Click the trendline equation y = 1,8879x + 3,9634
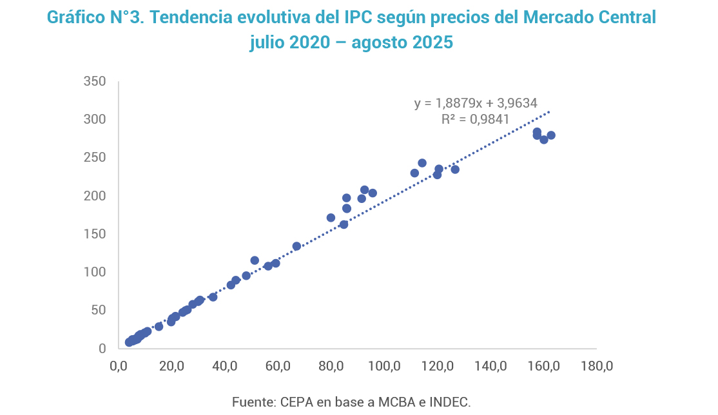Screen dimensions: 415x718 coord(476,102)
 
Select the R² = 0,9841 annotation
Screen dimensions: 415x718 coord(476,119)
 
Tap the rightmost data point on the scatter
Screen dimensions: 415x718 coord(551,135)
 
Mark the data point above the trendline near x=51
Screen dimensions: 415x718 coord(255,260)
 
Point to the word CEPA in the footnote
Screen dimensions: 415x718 coord(295,402)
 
